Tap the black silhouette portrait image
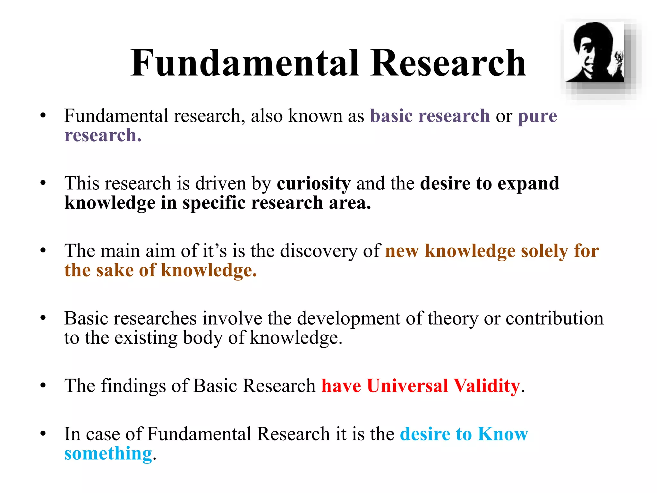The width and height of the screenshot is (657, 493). tap(594, 52)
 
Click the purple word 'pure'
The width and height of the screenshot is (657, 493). tap(537, 117)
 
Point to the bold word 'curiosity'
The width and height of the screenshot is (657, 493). tap(313, 184)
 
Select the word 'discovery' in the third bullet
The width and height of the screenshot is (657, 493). tap(318, 251)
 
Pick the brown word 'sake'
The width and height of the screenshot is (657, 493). tap(115, 270)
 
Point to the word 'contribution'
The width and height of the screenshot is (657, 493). tap(554, 318)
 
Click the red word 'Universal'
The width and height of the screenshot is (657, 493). tap(407, 386)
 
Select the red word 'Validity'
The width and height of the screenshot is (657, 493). tap(487, 386)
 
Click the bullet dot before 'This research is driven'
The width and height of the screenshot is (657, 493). tap(43, 183)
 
